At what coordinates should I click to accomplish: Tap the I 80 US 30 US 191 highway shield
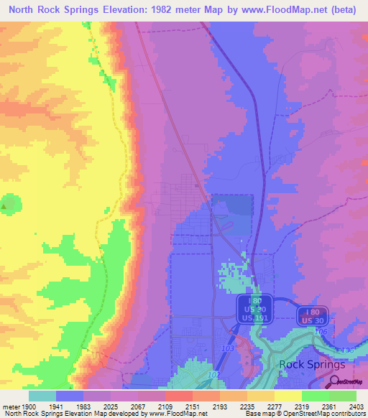coord(254,308)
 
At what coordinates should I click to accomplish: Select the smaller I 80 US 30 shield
coord(310,315)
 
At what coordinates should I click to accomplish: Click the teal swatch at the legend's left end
coord(42,395)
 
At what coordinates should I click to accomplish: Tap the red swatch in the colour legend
coord(178,395)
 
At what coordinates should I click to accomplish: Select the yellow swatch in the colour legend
coord(287,395)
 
